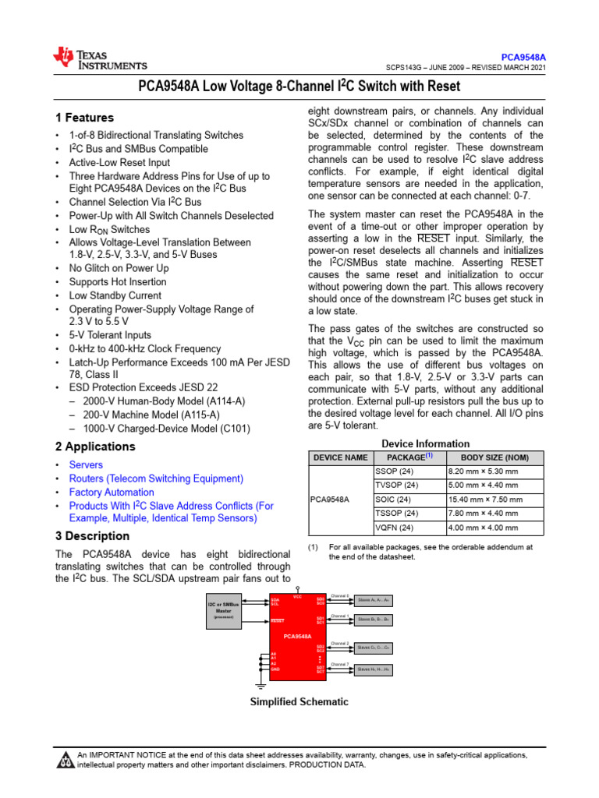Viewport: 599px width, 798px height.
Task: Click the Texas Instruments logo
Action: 99,59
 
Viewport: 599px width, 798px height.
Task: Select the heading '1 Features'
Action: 84,118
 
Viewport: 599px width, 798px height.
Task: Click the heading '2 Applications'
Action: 95,447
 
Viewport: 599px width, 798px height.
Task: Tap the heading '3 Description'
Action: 92,536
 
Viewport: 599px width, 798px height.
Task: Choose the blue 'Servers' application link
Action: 86,464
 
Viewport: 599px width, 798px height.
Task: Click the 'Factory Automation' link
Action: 112,493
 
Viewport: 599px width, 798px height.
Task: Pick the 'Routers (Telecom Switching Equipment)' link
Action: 156,478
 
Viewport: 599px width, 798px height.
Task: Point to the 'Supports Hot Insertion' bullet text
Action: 117,281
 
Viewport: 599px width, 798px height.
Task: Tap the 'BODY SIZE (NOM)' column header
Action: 494,457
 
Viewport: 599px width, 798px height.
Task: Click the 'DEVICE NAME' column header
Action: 339,457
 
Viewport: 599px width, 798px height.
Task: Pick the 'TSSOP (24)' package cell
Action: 398,514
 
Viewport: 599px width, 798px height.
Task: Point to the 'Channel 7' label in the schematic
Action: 340,664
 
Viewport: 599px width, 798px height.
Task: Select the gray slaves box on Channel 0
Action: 374,600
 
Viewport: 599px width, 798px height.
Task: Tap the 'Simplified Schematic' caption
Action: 299,701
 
